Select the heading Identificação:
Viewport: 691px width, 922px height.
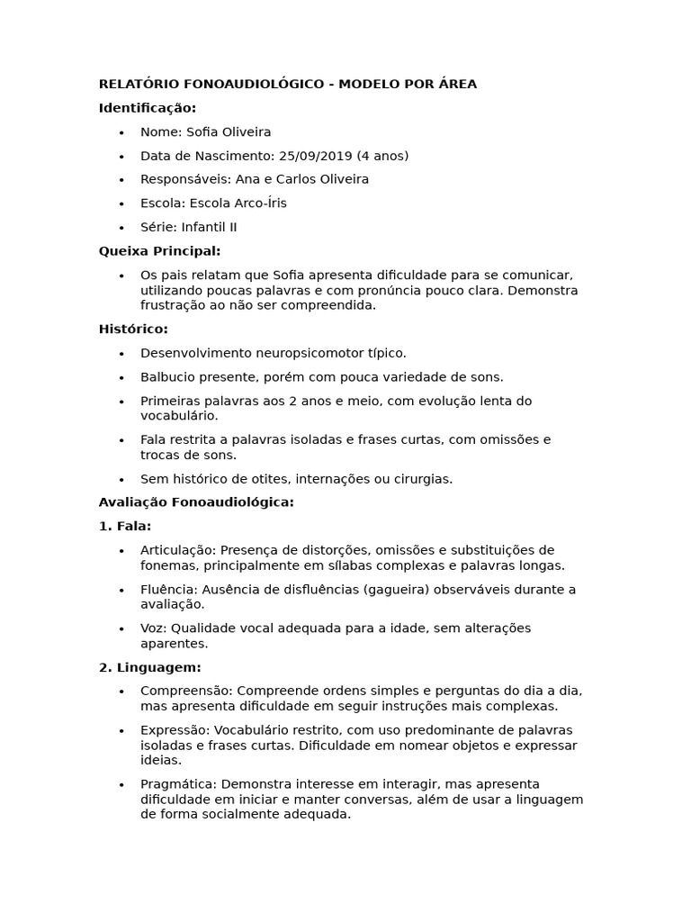(x=148, y=108)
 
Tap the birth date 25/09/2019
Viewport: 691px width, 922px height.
(x=317, y=156)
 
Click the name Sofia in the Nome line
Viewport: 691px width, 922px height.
(x=202, y=132)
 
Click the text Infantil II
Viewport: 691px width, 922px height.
(x=209, y=227)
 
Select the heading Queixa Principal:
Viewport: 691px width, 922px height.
(x=159, y=251)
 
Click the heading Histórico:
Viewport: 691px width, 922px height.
(x=133, y=330)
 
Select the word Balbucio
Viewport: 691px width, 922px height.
(x=169, y=377)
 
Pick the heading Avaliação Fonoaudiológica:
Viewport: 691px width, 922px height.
(x=196, y=502)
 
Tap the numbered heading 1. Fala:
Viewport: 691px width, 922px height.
(x=125, y=526)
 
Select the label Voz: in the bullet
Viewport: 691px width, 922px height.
(x=154, y=628)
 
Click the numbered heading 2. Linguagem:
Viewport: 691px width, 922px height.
(x=149, y=667)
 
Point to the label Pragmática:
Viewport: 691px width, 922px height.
(x=178, y=784)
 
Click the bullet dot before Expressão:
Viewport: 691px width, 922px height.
(x=121, y=730)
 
